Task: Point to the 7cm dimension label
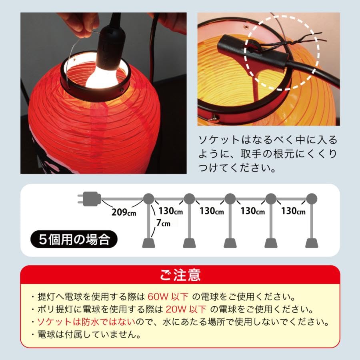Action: pos(163,223)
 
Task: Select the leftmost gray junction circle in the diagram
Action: pos(148,198)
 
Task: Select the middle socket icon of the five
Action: pos(230,242)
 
